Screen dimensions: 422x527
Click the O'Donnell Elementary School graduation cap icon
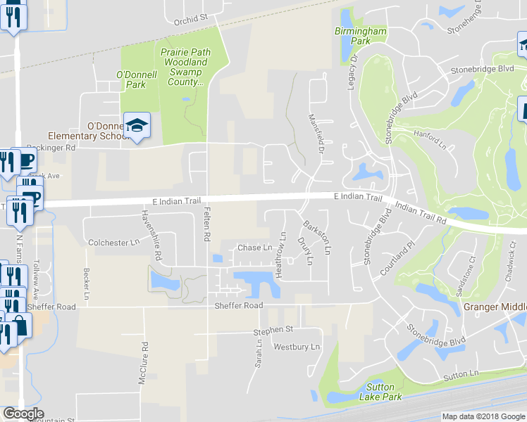pyautogui.click(x=138, y=125)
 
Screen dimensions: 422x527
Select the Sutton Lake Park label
pyautogui.click(x=385, y=392)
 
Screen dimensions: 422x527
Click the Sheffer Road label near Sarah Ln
pyautogui.click(x=239, y=306)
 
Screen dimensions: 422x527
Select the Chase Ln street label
pyautogui.click(x=254, y=248)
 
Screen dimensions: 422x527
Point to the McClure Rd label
pyautogui.click(x=143, y=363)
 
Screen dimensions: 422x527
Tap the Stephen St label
pyautogui.click(x=273, y=329)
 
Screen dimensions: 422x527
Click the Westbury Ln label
pyautogui.click(x=297, y=347)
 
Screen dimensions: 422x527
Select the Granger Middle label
pyautogui.click(x=495, y=307)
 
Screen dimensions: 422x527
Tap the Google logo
pyautogui.click(x=23, y=414)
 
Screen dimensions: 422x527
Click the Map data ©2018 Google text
pyautogui.click(x=483, y=416)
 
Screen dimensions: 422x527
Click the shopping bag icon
pyautogui.click(x=21, y=324)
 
